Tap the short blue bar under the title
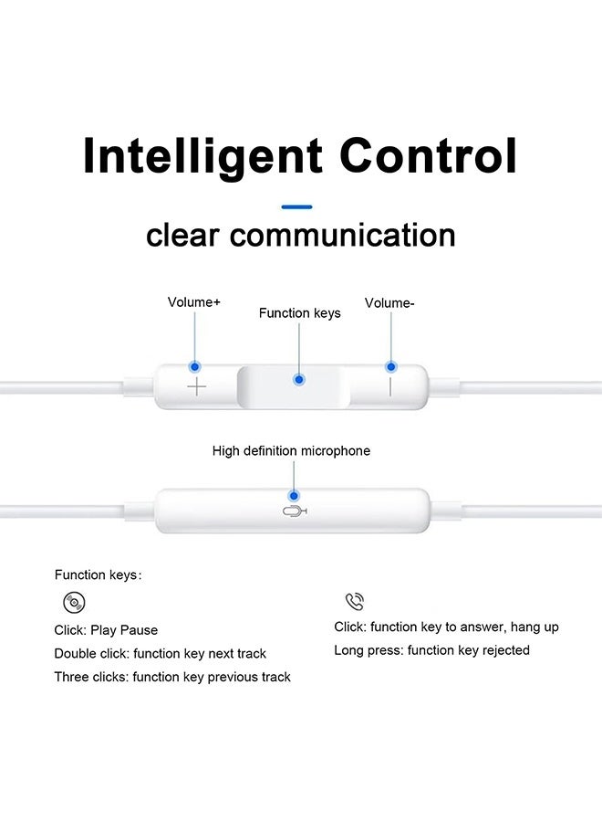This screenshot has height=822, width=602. [x=297, y=207]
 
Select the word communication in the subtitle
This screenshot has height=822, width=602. [x=343, y=235]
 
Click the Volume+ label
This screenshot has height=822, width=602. [x=193, y=301]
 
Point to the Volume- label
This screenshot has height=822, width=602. [x=389, y=303]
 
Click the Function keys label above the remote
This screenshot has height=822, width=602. [x=299, y=313]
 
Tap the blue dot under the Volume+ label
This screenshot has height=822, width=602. [x=195, y=366]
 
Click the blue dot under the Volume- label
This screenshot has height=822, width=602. [x=391, y=367]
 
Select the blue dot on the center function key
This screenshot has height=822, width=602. [x=299, y=379]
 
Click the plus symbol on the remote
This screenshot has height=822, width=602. [x=197, y=387]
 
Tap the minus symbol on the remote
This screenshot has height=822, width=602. [x=390, y=386]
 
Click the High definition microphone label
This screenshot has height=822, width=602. [x=291, y=451]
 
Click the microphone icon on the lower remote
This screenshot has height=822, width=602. [x=295, y=511]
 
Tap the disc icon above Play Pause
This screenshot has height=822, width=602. [x=74, y=603]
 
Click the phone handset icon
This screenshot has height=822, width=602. [x=355, y=601]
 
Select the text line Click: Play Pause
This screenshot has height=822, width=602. [x=106, y=630]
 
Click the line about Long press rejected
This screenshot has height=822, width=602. [x=431, y=650]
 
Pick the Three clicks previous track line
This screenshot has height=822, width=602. [x=172, y=677]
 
